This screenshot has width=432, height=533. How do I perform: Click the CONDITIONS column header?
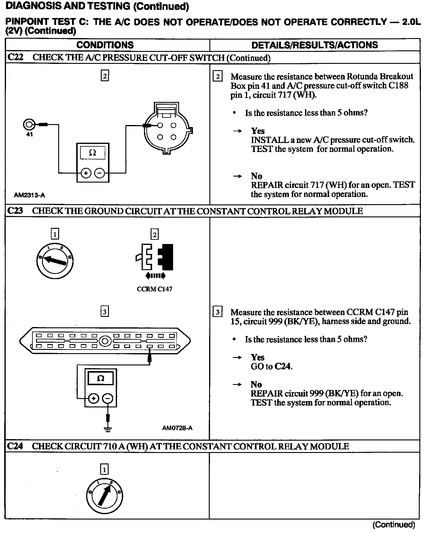[x=105, y=45]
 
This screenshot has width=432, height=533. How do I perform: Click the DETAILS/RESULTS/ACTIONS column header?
[x=314, y=45]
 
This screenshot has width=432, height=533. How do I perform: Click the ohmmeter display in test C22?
[x=93, y=153]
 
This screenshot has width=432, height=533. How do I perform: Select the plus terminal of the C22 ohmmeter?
[x=86, y=173]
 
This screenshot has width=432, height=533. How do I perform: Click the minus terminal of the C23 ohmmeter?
[x=108, y=398]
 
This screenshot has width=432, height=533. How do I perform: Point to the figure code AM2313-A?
[x=29, y=195]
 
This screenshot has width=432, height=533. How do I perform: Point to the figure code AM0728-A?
[x=177, y=428]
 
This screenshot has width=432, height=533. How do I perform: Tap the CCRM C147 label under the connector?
[x=154, y=289]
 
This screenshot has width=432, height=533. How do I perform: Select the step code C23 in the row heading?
[x=15, y=211]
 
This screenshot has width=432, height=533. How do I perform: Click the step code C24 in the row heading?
[x=15, y=446]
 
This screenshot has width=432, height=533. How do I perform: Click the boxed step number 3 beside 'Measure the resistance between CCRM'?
[x=217, y=312]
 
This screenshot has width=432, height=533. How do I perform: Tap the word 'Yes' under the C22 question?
[x=258, y=131]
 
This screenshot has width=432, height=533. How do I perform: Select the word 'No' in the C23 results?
[x=256, y=384]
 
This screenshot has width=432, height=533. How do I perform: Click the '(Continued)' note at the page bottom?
[x=394, y=525]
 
